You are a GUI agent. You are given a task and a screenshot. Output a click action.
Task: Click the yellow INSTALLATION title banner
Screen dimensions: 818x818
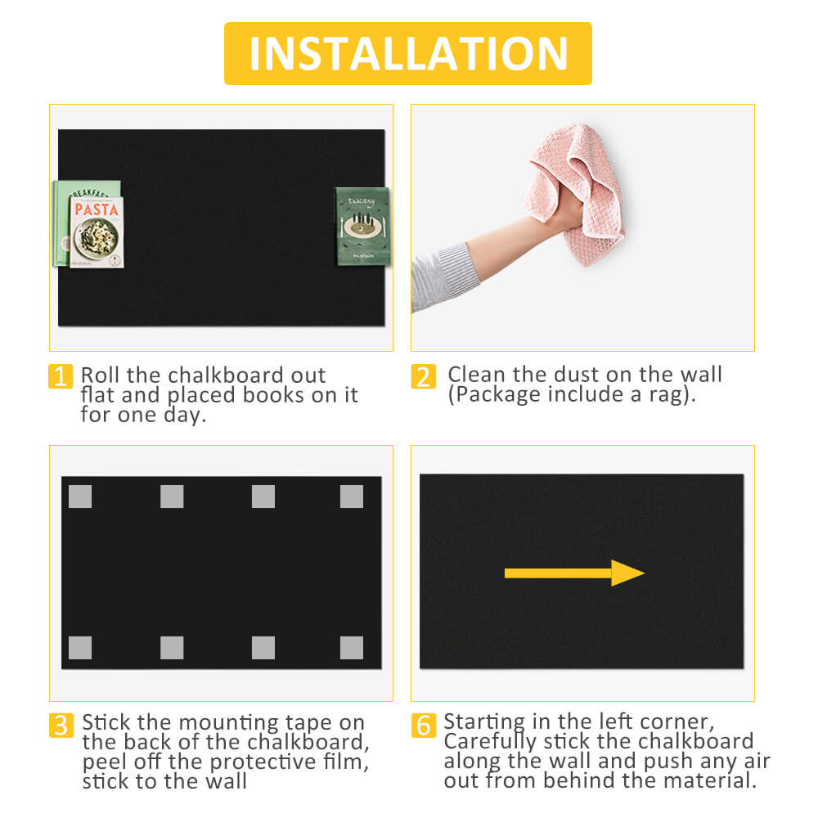tap(408, 53)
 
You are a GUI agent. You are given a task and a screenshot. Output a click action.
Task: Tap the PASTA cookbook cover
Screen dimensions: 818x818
tap(97, 232)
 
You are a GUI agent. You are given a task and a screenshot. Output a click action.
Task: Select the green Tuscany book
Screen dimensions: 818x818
tap(362, 227)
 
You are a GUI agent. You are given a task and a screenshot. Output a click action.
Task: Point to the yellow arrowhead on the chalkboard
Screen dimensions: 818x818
tap(627, 573)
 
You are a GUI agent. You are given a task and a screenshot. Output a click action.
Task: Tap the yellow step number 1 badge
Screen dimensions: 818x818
tap(61, 376)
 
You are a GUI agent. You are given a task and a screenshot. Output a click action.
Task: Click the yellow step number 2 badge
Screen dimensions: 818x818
tap(423, 376)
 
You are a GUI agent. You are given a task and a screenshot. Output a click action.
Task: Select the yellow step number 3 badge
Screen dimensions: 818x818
tap(61, 725)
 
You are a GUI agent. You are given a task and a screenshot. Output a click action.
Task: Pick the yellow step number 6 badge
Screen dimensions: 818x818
tap(424, 725)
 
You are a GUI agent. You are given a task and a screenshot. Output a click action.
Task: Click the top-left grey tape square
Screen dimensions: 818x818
tap(80, 497)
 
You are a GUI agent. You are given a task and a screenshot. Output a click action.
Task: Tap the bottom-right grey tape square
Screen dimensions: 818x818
tap(352, 647)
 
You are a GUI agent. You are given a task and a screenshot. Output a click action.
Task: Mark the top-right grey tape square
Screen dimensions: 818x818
tap(352, 497)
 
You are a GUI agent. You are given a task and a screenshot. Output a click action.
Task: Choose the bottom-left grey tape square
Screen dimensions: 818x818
tap(80, 647)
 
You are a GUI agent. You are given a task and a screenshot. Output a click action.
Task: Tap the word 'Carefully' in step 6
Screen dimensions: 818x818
tap(490, 743)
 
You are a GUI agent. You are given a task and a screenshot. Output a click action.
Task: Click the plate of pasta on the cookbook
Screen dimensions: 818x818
tap(97, 238)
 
